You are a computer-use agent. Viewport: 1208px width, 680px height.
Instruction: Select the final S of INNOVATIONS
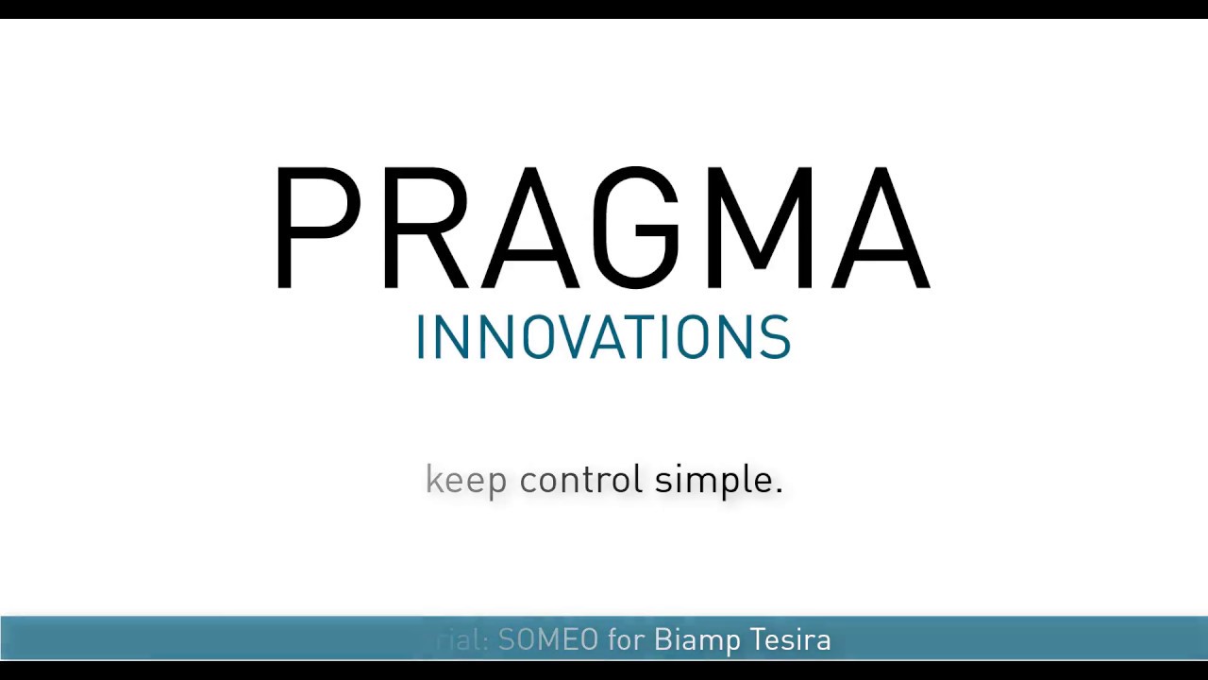coord(776,337)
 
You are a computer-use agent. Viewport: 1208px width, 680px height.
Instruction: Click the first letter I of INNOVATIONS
coord(420,337)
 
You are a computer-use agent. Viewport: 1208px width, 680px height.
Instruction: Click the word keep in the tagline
coord(466,481)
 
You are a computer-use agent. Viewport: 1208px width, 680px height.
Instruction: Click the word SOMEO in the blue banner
coord(547,640)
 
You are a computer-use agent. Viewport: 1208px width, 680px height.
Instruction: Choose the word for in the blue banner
coord(626,640)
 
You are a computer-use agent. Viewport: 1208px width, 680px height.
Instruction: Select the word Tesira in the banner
coord(790,640)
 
